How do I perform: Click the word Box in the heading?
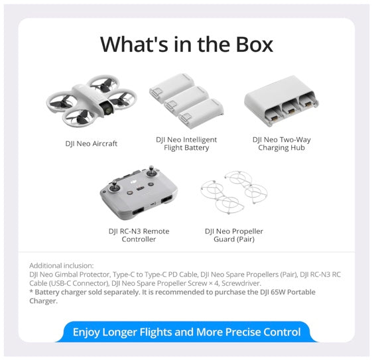tap(255, 44)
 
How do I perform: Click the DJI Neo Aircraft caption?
tap(91, 144)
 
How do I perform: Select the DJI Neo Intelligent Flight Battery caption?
tap(186, 144)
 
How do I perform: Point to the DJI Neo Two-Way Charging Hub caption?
tap(281, 144)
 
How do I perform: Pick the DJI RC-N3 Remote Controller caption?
tap(139, 235)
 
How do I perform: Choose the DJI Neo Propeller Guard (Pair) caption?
tap(234, 235)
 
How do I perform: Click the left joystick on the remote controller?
tap(113, 186)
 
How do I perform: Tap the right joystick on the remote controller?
tap(151, 172)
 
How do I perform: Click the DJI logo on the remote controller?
tap(133, 182)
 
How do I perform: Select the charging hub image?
tap(281, 101)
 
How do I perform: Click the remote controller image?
tap(139, 193)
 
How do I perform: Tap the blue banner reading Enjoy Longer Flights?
tap(186, 332)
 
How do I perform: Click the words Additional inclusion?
tap(61, 265)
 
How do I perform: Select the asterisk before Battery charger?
tap(31, 291)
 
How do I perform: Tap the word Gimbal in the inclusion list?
tap(66, 274)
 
